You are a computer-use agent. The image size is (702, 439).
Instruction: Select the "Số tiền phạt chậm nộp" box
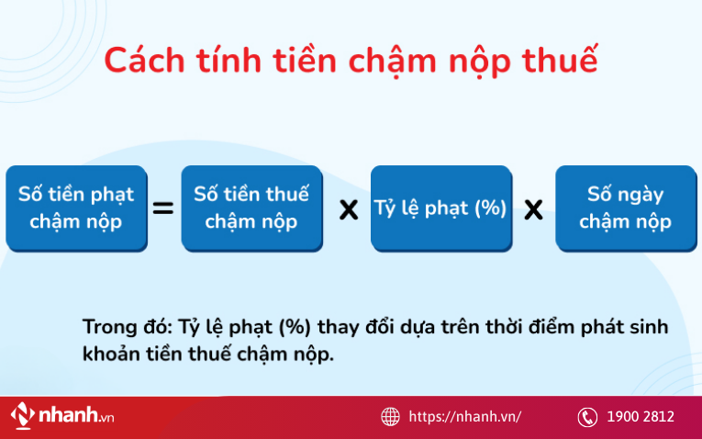[x=76, y=208]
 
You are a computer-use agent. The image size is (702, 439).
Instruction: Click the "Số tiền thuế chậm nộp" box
[x=251, y=208]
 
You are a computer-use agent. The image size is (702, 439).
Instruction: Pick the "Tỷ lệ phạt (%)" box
[x=440, y=208]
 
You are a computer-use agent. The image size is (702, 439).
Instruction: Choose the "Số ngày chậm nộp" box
[x=625, y=208]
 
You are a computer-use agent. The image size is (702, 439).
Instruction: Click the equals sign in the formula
[x=162, y=209]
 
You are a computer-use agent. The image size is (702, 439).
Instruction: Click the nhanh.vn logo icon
[x=23, y=416]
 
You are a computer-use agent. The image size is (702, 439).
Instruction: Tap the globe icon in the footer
[x=391, y=417]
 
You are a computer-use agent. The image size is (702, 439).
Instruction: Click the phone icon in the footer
[x=587, y=417]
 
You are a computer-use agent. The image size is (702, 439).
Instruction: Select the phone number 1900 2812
[x=640, y=417]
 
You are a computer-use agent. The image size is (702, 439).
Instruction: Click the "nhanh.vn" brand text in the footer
[x=75, y=416]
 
